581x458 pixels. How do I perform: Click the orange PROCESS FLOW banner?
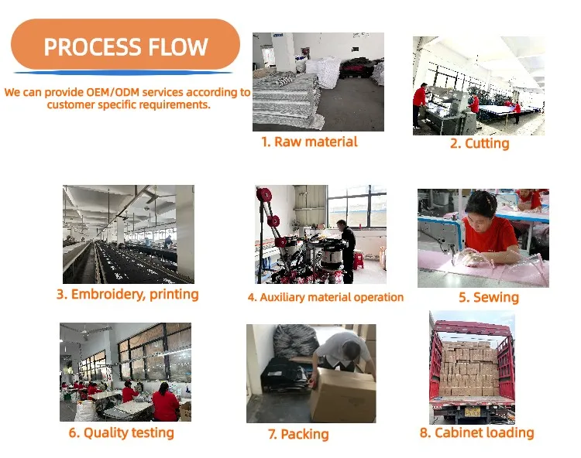click(125, 46)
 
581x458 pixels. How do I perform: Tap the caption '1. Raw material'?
click(309, 142)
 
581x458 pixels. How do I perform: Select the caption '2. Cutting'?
click(480, 143)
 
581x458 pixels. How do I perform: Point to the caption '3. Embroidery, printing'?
click(128, 294)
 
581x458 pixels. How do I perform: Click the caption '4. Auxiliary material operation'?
click(325, 297)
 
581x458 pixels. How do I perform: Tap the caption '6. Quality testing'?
click(121, 432)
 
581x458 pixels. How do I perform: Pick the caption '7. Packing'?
click(298, 434)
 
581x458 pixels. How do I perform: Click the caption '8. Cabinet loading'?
click(476, 432)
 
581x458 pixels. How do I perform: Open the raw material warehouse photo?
click(318, 81)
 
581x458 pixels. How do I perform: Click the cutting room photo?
click(478, 85)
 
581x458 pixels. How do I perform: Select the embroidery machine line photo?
click(129, 234)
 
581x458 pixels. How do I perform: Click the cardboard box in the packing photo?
click(341, 395)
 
